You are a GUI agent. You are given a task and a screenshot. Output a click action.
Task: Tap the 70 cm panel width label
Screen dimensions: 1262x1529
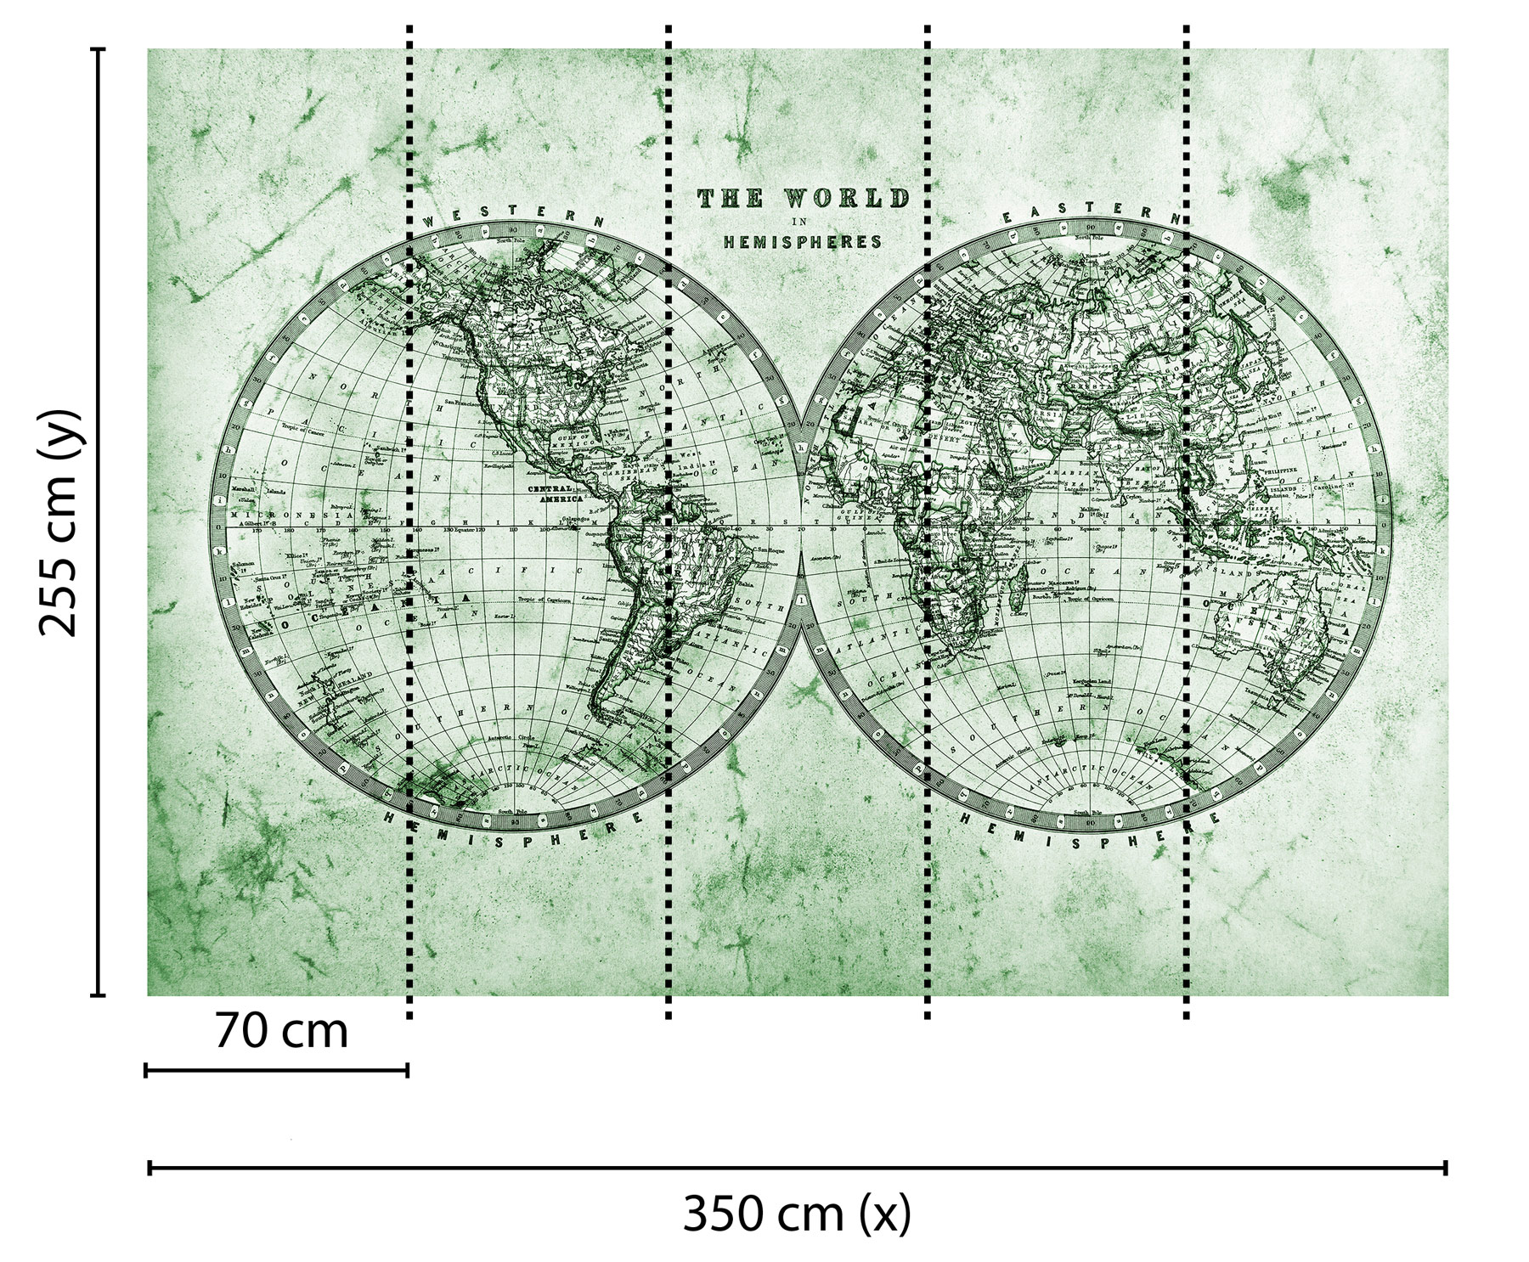281,1032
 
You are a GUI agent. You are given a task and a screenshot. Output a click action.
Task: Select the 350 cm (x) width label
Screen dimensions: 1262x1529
797,1214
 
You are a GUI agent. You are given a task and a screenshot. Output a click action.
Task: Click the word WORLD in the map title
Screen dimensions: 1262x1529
846,200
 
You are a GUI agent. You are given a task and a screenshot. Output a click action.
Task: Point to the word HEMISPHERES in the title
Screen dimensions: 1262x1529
802,242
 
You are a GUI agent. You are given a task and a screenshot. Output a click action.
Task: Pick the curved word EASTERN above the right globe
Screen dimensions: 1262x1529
1092,212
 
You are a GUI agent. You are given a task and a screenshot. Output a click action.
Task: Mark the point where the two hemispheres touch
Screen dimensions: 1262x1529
800,529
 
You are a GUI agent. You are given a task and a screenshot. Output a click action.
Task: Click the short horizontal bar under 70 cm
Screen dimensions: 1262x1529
277,1070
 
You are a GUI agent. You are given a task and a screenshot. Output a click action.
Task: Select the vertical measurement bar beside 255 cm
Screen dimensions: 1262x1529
99,521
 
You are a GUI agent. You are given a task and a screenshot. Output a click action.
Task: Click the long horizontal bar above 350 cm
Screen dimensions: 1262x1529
797,1169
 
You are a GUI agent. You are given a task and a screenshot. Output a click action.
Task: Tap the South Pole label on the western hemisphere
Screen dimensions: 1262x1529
512,812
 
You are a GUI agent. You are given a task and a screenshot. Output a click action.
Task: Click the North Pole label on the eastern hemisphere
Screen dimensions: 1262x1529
1091,237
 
